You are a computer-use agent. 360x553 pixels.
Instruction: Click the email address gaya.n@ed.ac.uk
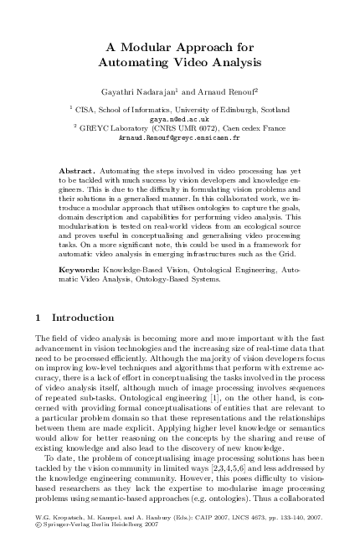179,120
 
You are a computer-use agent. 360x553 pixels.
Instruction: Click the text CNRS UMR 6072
169,128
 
